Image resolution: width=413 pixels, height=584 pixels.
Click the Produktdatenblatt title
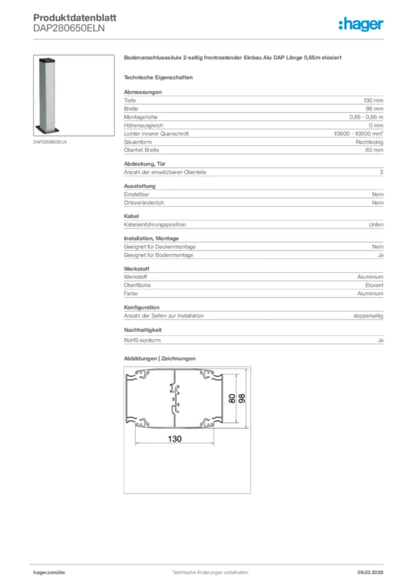(67, 18)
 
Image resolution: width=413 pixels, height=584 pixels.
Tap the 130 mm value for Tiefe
(374, 100)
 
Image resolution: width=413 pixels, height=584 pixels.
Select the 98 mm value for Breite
(374, 108)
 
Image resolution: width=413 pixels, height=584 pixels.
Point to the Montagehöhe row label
(139, 117)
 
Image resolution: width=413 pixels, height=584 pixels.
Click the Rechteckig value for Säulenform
(370, 141)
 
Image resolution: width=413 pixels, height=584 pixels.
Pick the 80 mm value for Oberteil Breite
(374, 150)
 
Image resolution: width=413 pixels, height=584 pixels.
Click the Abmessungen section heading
(143, 92)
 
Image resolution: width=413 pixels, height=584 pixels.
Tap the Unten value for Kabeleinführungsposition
(376, 225)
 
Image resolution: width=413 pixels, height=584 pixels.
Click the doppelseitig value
(369, 315)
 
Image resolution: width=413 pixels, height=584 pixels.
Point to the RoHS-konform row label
(142, 340)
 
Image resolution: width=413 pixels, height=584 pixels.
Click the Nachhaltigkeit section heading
(143, 330)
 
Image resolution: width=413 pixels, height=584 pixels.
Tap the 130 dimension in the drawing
(175, 439)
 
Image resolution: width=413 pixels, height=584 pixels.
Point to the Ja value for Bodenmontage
(380, 255)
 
